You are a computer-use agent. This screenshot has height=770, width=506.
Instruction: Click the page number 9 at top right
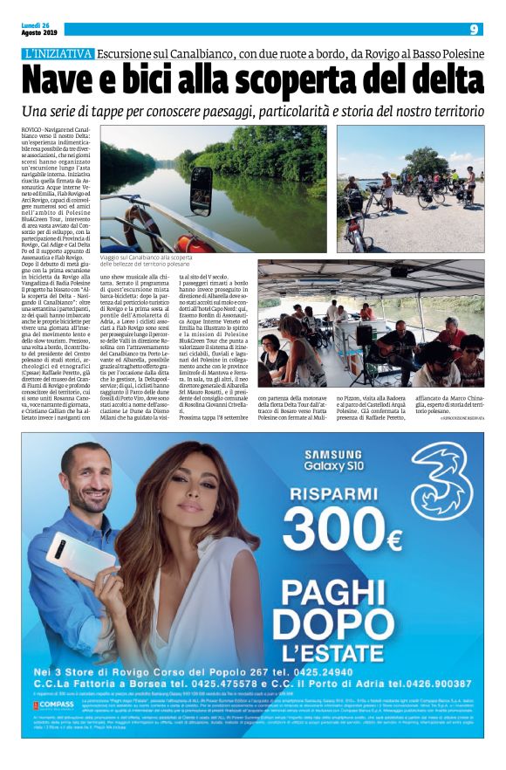point(473,29)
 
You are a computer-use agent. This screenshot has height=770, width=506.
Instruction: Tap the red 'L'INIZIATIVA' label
point(58,53)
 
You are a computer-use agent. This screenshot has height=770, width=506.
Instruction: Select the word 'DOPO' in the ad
point(340,620)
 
